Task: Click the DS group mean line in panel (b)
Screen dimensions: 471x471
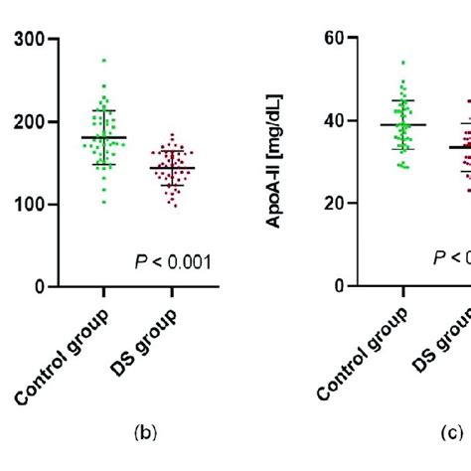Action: point(172,168)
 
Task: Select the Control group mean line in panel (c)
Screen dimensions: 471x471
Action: point(402,125)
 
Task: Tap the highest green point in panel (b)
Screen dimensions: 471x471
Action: point(103,61)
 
